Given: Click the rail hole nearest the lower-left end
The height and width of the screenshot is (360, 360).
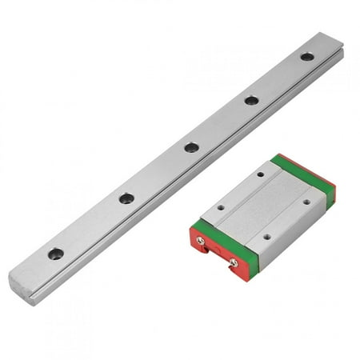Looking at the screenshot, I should (55, 254).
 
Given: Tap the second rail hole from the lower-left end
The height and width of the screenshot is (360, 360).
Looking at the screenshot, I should (126, 198).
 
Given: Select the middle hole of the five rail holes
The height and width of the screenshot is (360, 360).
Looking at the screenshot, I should (191, 147).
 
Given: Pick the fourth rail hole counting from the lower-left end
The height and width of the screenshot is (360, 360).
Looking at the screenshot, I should (251, 100).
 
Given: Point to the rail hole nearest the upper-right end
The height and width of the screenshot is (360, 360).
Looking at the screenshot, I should (307, 56).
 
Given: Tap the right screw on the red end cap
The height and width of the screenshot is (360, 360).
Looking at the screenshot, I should (233, 262).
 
